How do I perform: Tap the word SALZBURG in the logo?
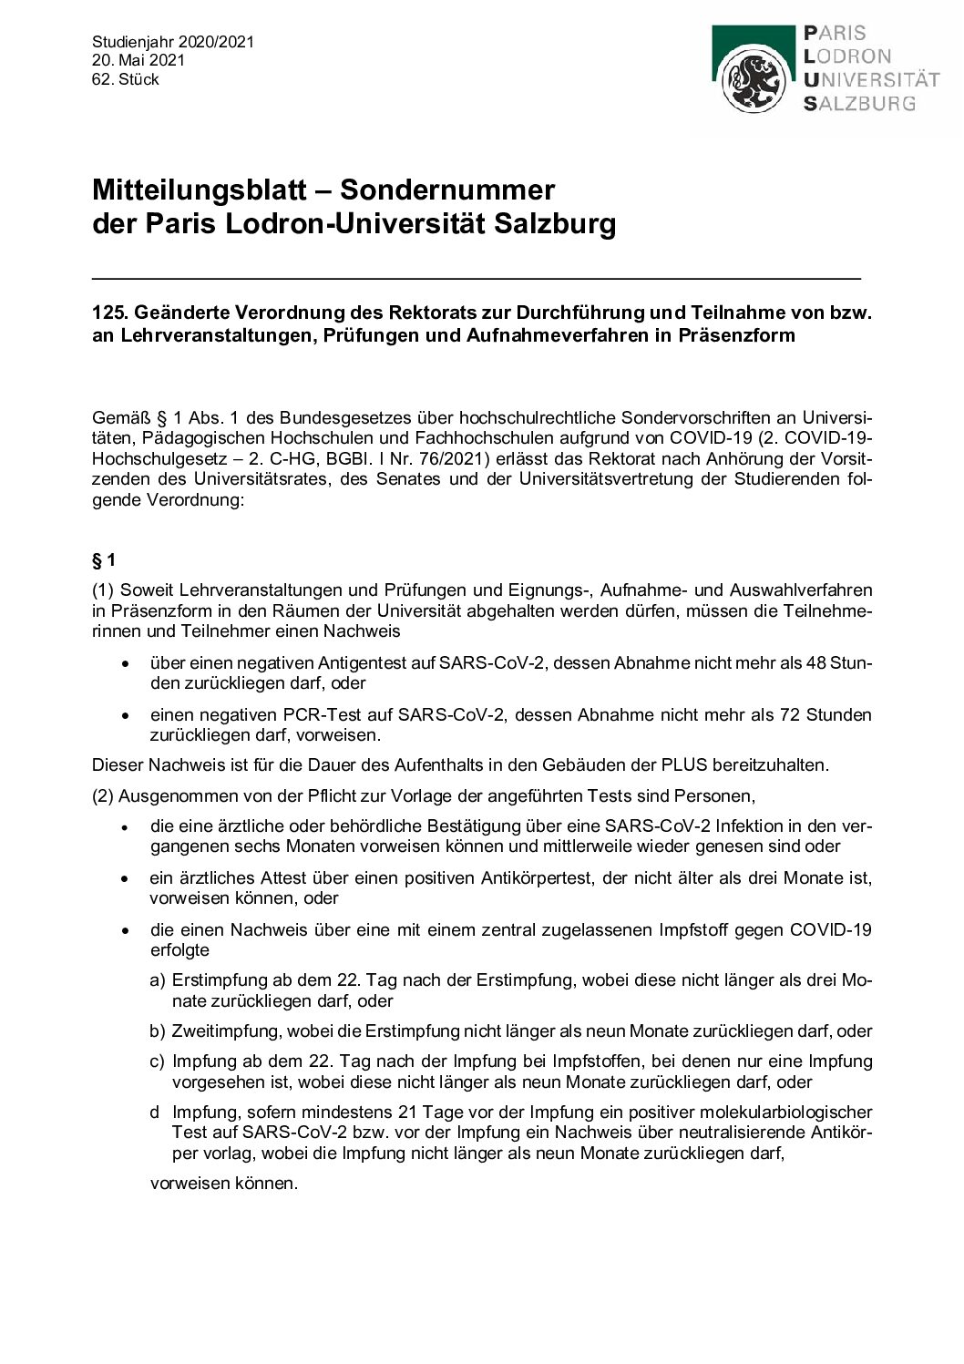tap(859, 104)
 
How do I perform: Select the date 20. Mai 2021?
tap(138, 60)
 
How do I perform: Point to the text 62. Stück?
tap(126, 79)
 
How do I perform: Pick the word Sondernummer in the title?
tap(447, 190)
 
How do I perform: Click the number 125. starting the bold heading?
tap(109, 313)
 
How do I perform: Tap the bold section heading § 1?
tap(104, 559)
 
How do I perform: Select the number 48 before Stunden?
tap(816, 662)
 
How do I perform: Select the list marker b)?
tap(157, 1031)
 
